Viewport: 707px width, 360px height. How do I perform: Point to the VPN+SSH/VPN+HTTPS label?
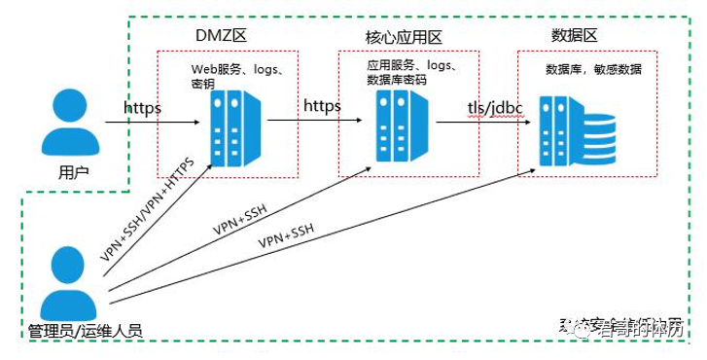[147, 209]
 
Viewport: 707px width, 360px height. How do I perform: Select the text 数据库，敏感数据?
[593, 70]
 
